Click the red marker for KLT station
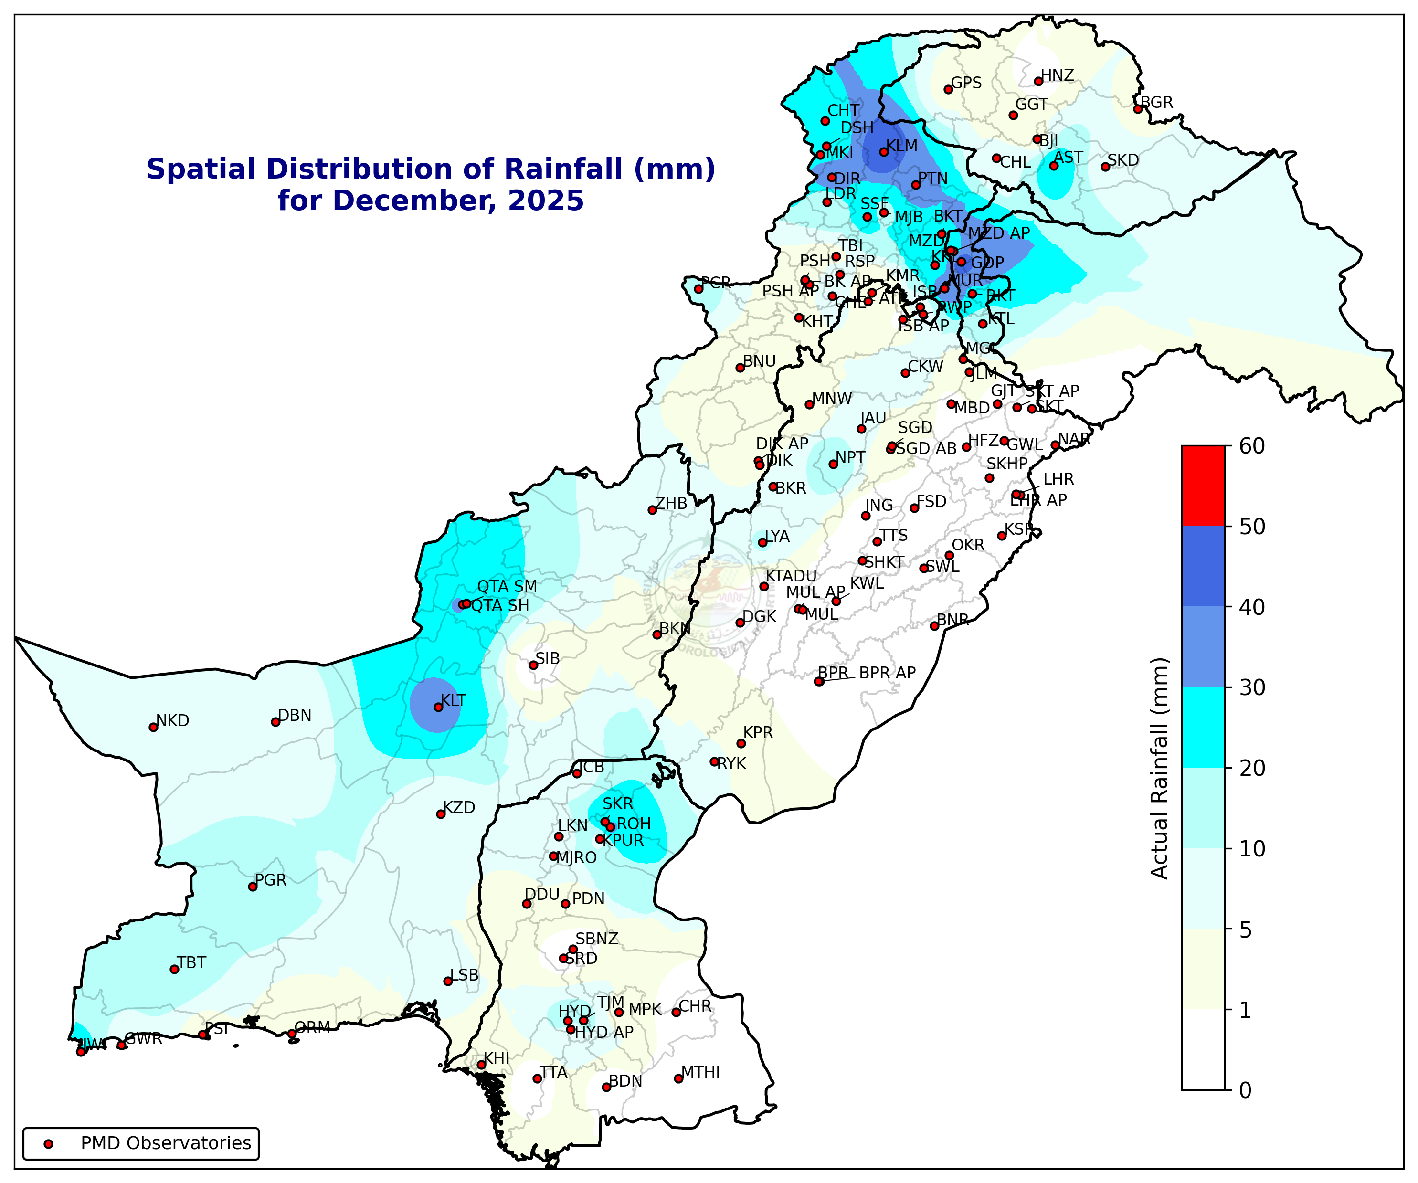[x=437, y=707]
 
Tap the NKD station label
[x=172, y=720]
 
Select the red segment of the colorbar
[x=1203, y=486]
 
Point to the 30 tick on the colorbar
[x=1252, y=687]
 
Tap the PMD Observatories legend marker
[x=48, y=1144]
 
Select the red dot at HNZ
[x=1038, y=82]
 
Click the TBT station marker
[x=174, y=969]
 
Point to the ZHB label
[x=671, y=503]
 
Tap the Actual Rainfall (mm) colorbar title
[x=1159, y=768]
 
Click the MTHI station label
[x=700, y=1072]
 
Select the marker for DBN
[x=275, y=722]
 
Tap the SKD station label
[x=1123, y=160]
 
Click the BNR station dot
[x=934, y=626]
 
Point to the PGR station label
[x=271, y=880]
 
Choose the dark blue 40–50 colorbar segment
[x=1203, y=566]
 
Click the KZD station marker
[x=441, y=814]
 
